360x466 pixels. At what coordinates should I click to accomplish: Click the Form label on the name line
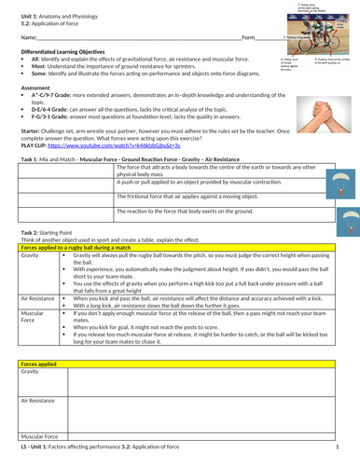pos(248,37)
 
